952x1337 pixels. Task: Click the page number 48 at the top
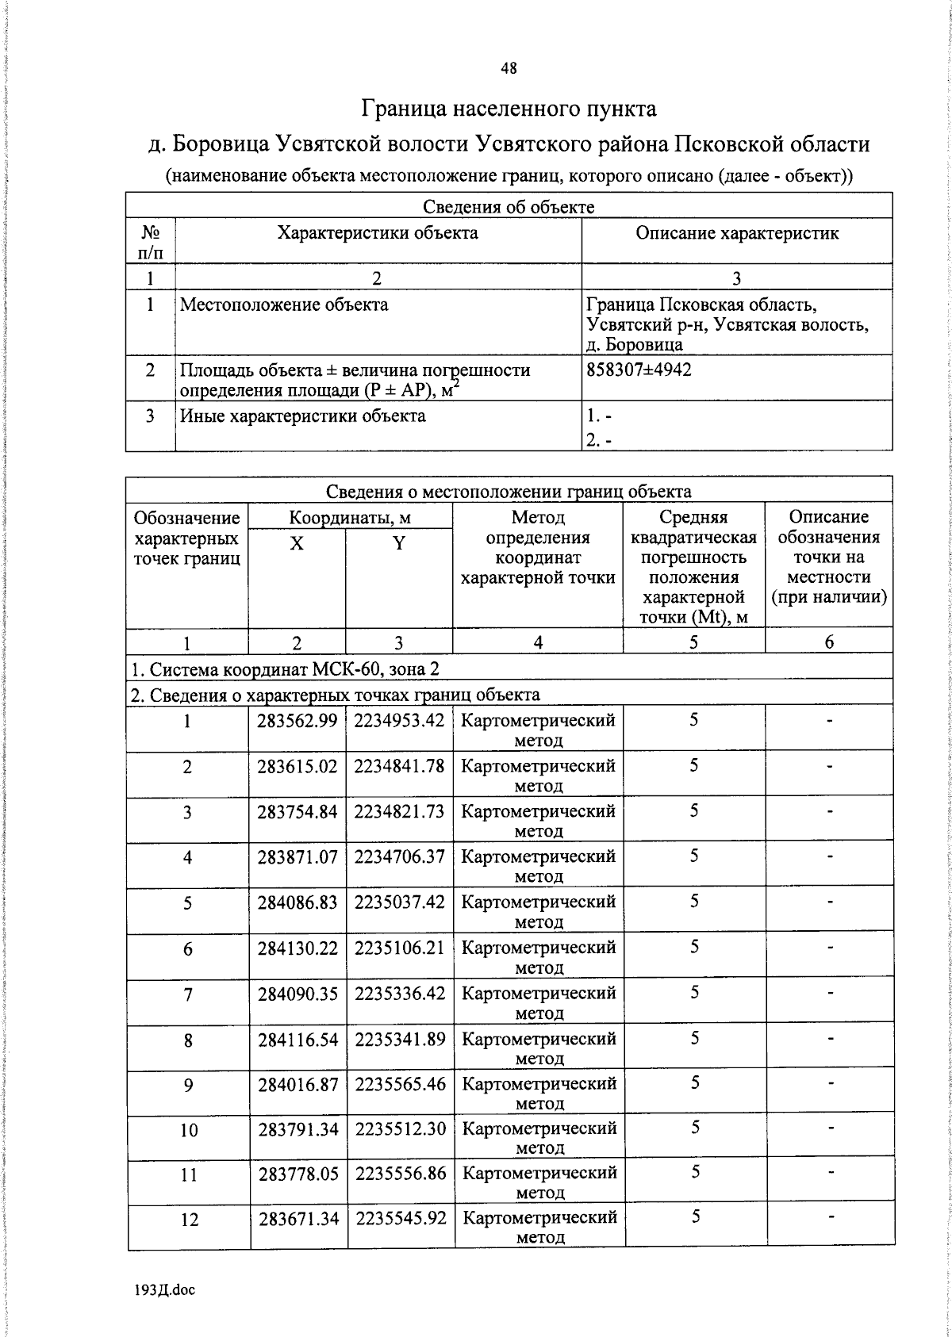[509, 68]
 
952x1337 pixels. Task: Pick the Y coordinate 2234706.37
[399, 856]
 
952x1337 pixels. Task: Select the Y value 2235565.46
[400, 1083]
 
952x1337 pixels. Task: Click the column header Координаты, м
[350, 518]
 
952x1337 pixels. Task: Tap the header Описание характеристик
[737, 233]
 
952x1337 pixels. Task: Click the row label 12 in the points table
[189, 1220]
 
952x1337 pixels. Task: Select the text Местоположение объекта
[284, 305]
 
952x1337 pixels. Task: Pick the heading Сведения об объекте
[509, 207]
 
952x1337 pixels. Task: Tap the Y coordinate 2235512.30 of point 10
[400, 1128]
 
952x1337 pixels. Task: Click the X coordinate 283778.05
[298, 1174]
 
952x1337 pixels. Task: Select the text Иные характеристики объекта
[302, 416]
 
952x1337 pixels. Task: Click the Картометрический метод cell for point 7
[539, 1002]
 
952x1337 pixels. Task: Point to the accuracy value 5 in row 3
[693, 810]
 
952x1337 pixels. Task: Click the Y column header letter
[399, 543]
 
